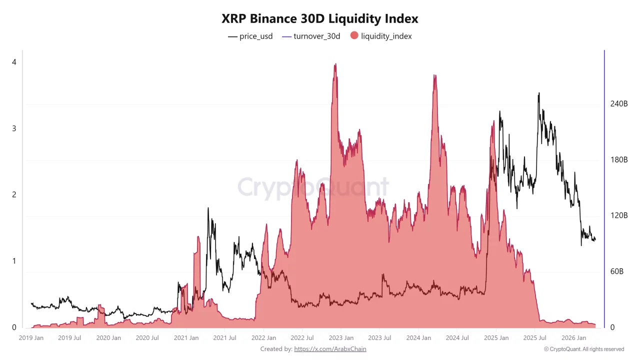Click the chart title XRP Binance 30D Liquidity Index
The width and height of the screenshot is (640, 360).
click(320, 19)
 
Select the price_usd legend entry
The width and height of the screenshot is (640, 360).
click(250, 36)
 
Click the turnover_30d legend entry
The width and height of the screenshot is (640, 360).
click(311, 36)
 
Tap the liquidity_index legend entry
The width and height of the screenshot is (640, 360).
click(381, 36)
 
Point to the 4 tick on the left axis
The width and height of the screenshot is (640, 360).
click(14, 62)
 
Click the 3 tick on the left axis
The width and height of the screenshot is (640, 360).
click(14, 128)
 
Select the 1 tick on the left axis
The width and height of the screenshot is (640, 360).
click(14, 261)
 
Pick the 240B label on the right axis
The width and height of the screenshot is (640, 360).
click(618, 104)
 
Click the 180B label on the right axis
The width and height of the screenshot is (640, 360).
click(618, 160)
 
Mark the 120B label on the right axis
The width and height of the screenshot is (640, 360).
click(618, 215)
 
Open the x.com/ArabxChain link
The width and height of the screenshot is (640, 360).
click(330, 349)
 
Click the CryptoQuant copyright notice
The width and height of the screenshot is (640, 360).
click(584, 349)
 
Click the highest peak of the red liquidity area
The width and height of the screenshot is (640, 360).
click(335, 64)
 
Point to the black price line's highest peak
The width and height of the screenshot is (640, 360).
click(538, 93)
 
